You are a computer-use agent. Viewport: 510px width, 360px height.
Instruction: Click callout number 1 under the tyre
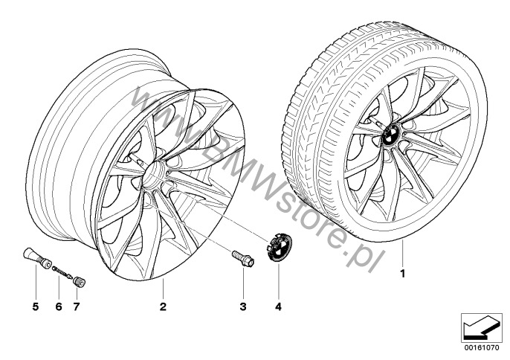pos(403,274)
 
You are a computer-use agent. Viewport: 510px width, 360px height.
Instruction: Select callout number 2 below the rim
pos(163,306)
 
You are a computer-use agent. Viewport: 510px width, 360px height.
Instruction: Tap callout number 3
pos(243,306)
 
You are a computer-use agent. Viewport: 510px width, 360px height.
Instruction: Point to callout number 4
pos(278,306)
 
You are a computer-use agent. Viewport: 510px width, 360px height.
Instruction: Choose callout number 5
pos(36,306)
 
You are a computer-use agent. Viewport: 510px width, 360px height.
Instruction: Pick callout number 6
pos(59,306)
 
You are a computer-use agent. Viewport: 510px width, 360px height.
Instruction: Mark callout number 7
pos(77,306)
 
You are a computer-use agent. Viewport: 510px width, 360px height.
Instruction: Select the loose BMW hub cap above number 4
pos(279,248)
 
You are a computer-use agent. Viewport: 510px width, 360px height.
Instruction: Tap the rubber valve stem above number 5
pos(36,257)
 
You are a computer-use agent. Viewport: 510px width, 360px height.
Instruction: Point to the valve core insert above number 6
pos(62,272)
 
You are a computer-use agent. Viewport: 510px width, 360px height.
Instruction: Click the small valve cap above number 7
pos(79,282)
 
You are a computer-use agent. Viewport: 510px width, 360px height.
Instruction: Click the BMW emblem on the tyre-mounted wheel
pos(392,134)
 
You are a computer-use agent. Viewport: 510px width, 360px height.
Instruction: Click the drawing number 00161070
pos(480,347)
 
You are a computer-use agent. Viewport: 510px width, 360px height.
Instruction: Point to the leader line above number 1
pos(402,253)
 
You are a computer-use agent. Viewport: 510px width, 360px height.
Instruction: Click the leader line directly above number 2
pos(163,289)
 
